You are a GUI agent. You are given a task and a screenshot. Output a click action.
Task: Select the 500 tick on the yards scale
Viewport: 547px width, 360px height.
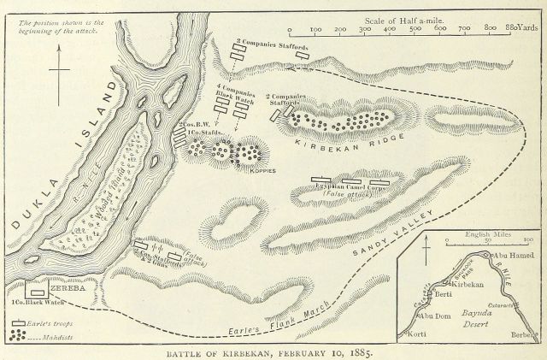[416, 29]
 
